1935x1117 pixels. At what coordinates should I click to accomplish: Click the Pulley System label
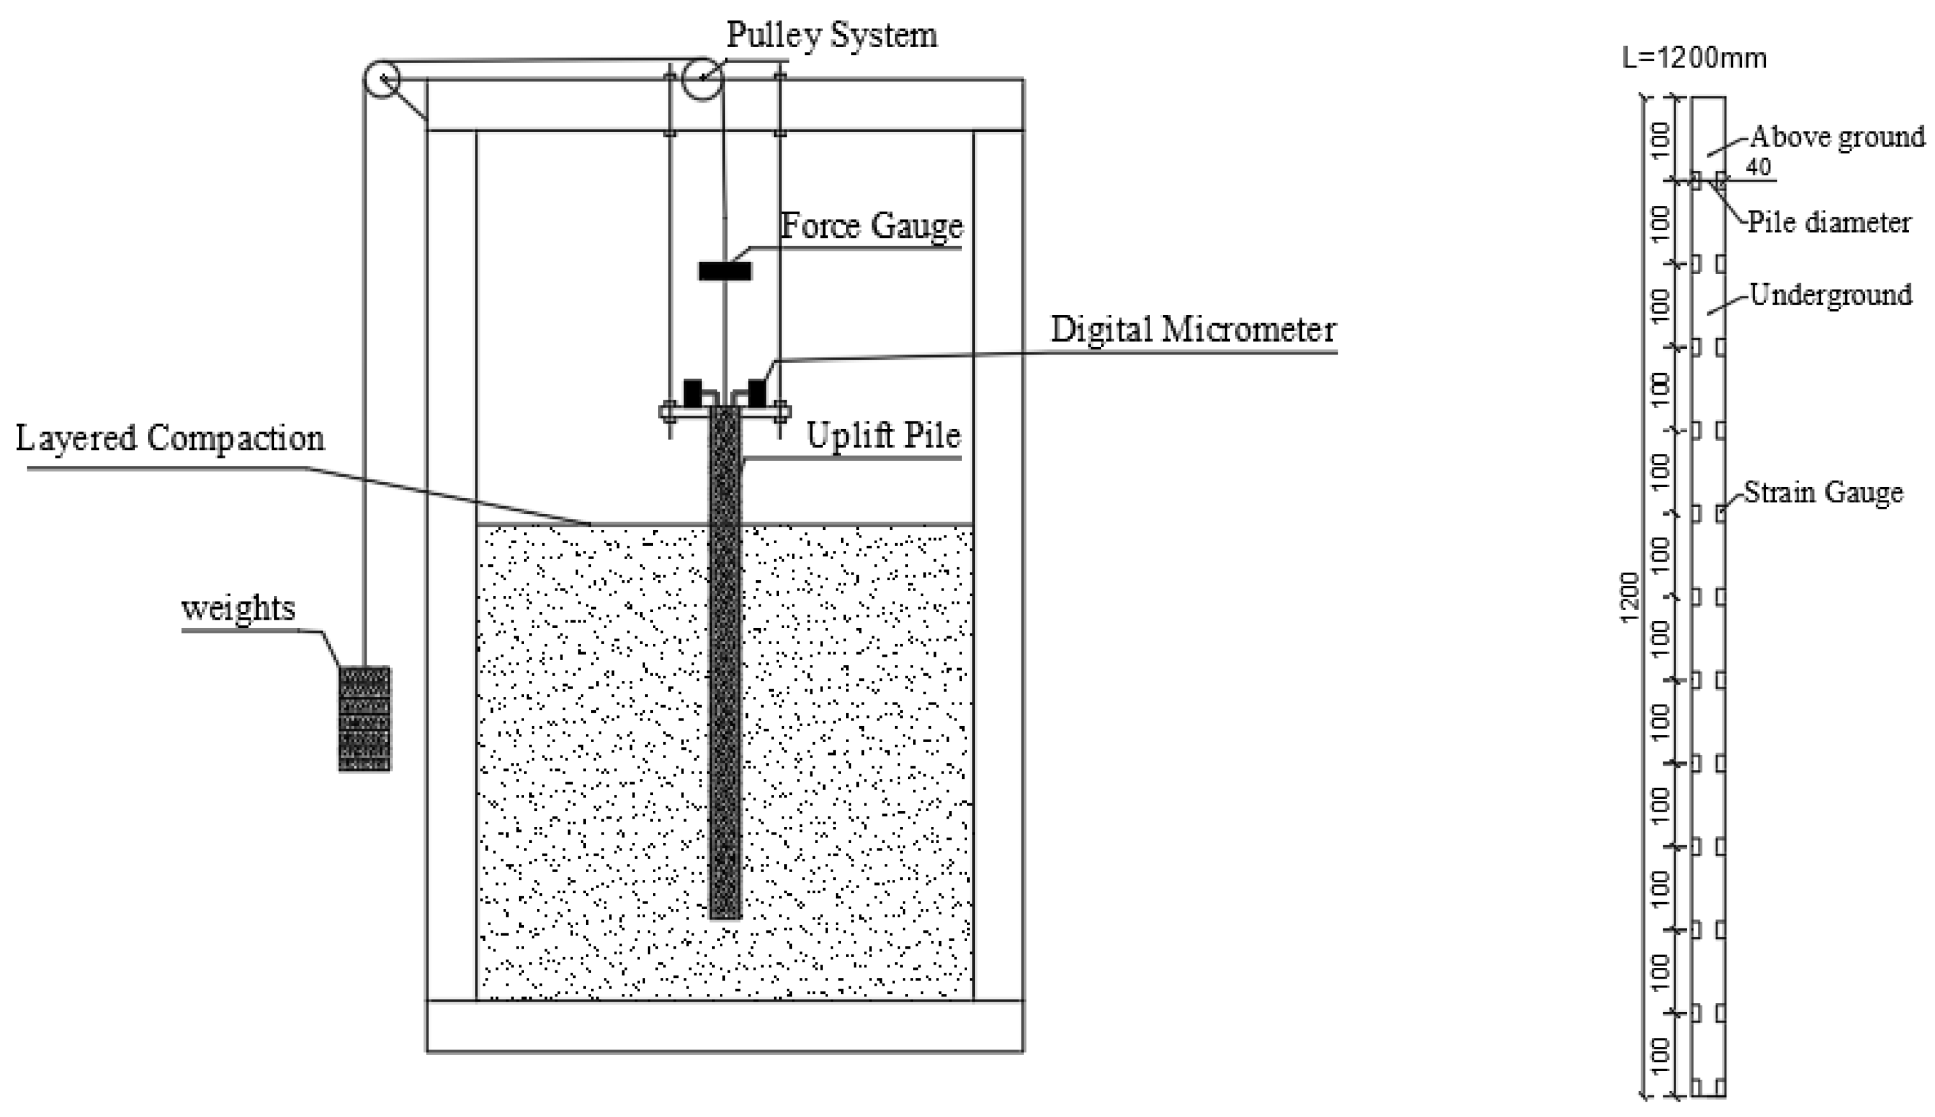pos(831,35)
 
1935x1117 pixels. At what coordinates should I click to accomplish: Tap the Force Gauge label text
pos(872,226)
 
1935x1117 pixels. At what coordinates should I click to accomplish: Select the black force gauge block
pos(725,271)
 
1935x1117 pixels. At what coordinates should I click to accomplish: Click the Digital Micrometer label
pos(1193,330)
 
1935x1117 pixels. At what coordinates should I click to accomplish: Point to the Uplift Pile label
pos(883,435)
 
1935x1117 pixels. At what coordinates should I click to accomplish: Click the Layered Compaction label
pos(170,439)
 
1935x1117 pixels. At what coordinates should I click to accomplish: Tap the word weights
pos(238,609)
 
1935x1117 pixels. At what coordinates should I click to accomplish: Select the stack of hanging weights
pos(365,718)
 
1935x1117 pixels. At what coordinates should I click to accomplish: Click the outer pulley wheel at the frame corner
pos(381,79)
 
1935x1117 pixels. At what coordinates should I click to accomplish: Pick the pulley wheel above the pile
pos(702,79)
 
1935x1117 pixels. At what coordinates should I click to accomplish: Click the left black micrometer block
pos(692,392)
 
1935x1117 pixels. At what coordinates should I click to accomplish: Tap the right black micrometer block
pos(757,392)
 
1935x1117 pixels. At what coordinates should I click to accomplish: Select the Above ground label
pos(1837,137)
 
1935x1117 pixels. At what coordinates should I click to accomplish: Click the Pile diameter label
pos(1829,223)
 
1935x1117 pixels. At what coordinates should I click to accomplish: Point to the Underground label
pos(1830,295)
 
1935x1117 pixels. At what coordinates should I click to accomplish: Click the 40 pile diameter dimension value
pos(1758,167)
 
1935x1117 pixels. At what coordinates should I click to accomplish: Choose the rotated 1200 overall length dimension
pos(1630,597)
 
